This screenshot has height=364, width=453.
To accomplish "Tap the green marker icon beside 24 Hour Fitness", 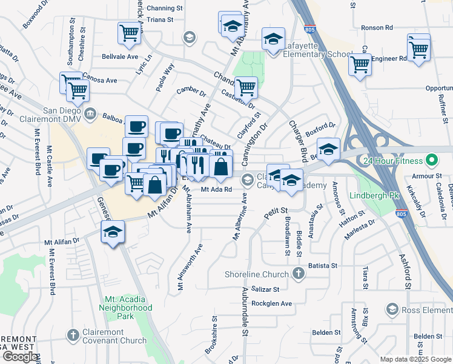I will tap(431, 162).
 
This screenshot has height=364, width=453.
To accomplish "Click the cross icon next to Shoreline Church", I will tap(297, 274).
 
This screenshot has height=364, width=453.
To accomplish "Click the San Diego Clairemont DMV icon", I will tap(90, 112).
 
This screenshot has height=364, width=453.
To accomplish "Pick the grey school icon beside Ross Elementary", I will tap(391, 310).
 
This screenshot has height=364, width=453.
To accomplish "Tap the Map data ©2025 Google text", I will tap(416, 359).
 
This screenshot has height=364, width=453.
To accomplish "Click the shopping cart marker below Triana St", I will tap(130, 34).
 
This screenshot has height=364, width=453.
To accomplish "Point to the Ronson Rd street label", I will tap(377, 27).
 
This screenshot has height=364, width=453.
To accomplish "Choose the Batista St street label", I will tap(322, 266).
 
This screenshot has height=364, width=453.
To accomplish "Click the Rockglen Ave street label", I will tap(271, 303).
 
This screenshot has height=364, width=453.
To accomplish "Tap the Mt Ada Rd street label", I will tap(217, 189).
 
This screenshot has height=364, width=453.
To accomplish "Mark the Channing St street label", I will tap(164, 8).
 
